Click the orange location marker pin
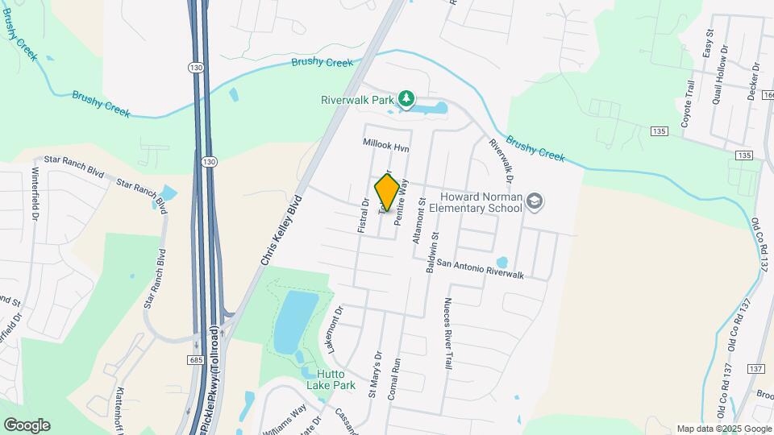(387, 193)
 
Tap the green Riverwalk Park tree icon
(408, 100)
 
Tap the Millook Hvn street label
(387, 146)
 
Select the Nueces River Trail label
(446, 333)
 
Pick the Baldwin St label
(433, 250)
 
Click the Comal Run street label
(395, 375)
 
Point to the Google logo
(27, 425)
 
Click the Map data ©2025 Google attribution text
(724, 429)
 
